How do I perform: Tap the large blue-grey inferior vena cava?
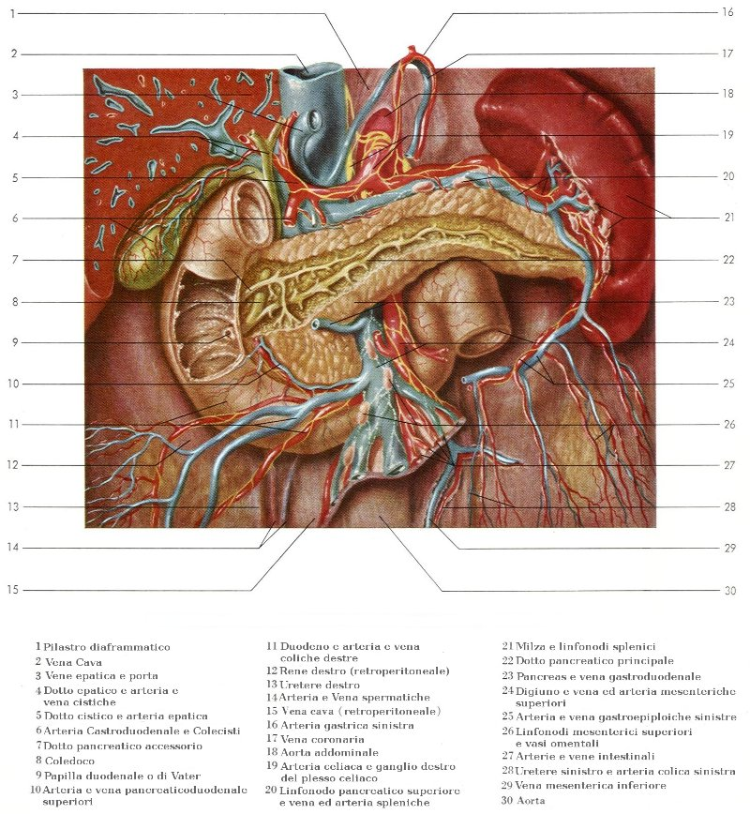click(x=309, y=141)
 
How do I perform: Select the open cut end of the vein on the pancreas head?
click(x=319, y=324)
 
